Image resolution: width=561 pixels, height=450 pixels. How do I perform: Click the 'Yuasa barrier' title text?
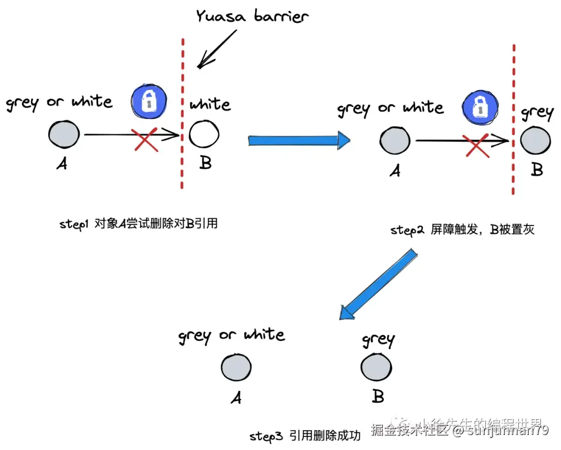point(252,16)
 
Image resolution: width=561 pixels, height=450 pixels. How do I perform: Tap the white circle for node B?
point(204,134)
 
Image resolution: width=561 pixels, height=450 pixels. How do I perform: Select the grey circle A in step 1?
point(63,134)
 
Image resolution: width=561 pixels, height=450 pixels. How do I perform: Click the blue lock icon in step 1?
point(149,100)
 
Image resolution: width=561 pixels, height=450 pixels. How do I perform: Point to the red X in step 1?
point(146,139)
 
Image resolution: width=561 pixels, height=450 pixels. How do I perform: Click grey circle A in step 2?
point(395,140)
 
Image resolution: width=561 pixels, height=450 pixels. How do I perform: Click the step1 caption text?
point(138,224)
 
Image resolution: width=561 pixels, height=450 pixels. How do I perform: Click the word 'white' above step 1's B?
point(210,105)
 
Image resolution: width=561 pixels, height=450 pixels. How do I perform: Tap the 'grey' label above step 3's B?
point(378,340)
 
